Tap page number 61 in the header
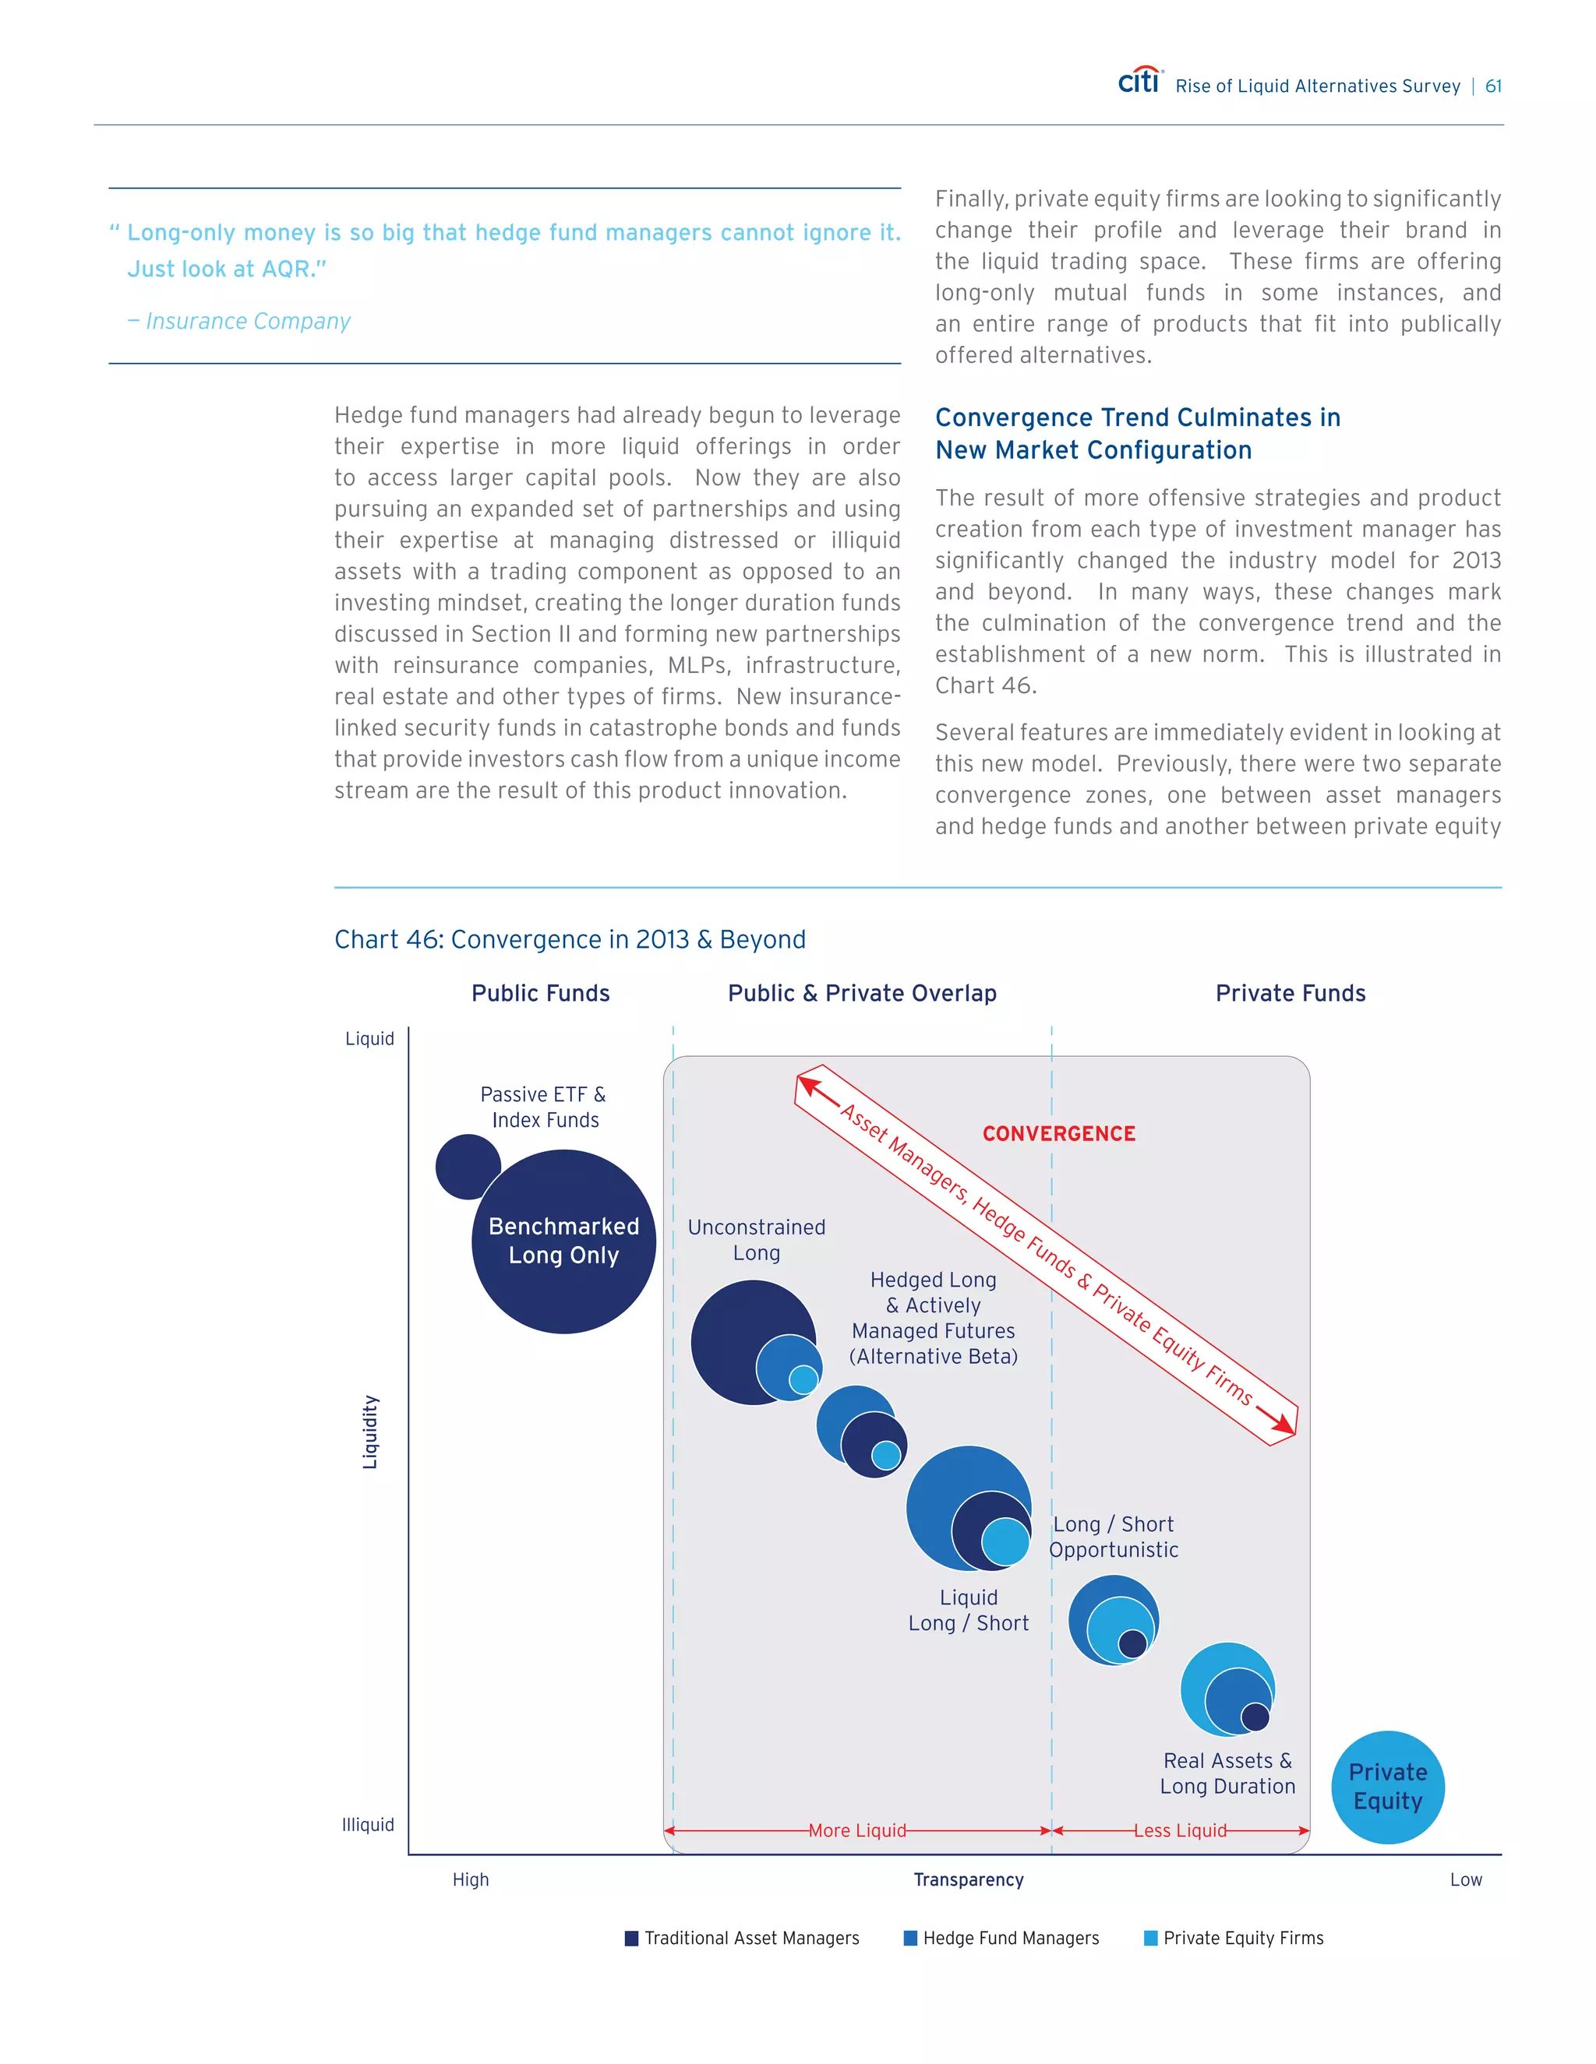pyautogui.click(x=1493, y=86)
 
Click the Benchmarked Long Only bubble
pyautogui.click(x=563, y=1241)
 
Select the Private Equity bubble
pyautogui.click(x=1387, y=1786)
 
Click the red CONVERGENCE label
pyautogui.click(x=1058, y=1133)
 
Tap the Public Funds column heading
pyautogui.click(x=540, y=993)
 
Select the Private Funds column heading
pyautogui.click(x=1290, y=993)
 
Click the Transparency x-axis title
pyautogui.click(x=968, y=1879)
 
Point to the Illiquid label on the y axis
pyautogui.click(x=368, y=1825)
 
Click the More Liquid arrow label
pyautogui.click(x=856, y=1830)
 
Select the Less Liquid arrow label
pyautogui.click(x=1180, y=1830)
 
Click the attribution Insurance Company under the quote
pyautogui.click(x=247, y=322)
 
